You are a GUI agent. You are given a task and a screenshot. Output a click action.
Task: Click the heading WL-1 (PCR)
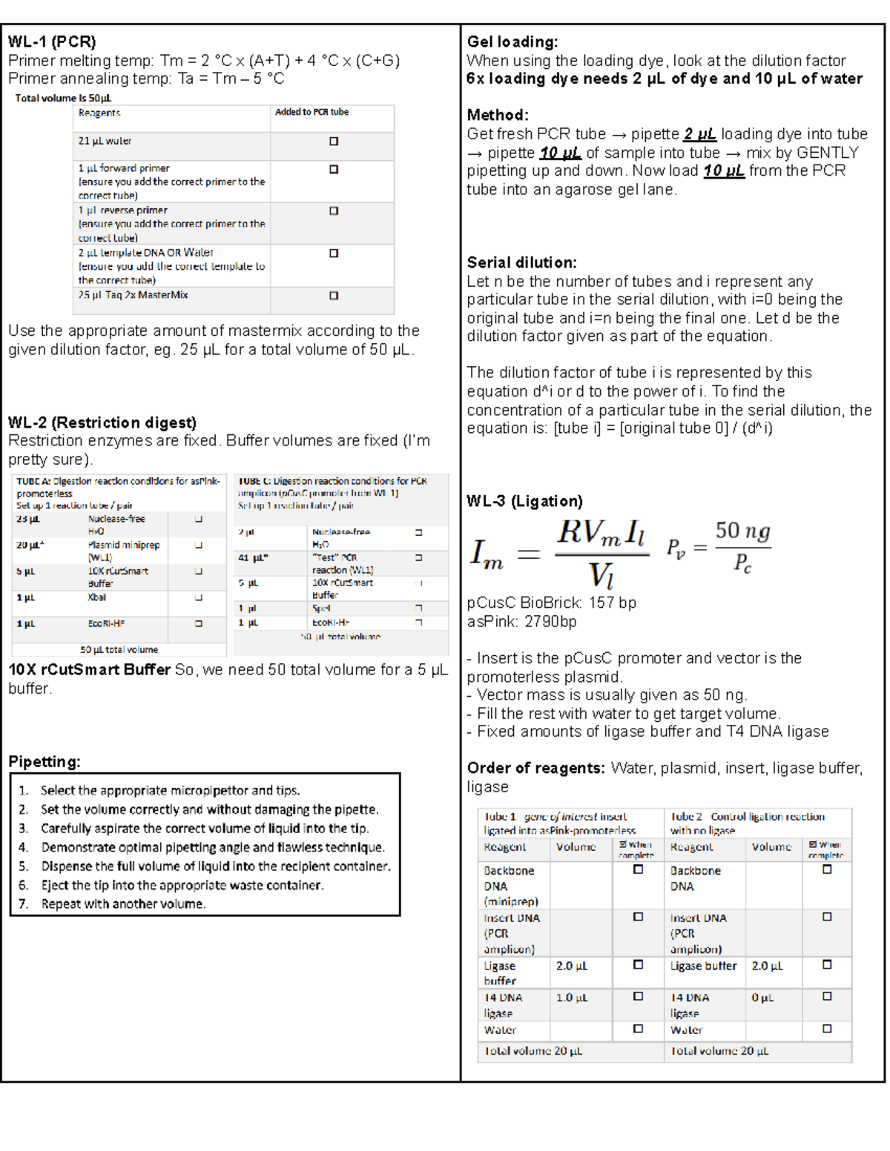click(x=52, y=42)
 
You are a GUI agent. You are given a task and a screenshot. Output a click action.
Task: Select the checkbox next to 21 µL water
click(x=334, y=142)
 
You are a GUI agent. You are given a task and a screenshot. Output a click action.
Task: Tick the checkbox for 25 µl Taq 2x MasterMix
click(x=334, y=296)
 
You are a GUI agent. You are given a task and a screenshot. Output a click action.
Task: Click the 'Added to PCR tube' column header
click(x=311, y=112)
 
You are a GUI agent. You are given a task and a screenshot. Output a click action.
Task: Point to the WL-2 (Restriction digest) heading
click(x=102, y=422)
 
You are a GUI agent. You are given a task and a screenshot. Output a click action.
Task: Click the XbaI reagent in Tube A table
click(x=97, y=597)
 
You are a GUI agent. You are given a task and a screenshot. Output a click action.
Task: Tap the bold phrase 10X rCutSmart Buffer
click(x=90, y=669)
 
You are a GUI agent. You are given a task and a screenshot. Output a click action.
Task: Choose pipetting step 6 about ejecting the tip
click(x=182, y=885)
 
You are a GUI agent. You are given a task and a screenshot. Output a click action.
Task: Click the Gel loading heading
click(x=512, y=42)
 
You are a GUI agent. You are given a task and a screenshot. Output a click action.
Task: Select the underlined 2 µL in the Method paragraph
click(x=699, y=134)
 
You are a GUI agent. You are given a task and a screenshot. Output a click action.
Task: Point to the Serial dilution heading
click(x=521, y=262)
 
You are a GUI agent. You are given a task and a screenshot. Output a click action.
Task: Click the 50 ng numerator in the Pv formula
click(x=742, y=531)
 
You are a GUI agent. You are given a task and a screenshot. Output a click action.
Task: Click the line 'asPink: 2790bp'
click(x=521, y=621)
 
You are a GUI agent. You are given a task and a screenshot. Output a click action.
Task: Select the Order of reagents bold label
click(x=535, y=768)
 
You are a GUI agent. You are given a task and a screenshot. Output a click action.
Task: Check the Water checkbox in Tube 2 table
click(x=827, y=1029)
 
